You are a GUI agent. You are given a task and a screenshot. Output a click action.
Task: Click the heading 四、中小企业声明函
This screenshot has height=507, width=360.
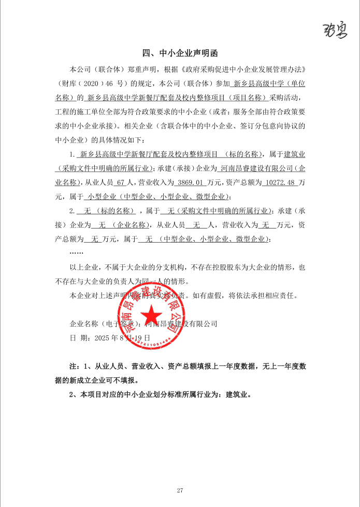pyautogui.click(x=180, y=53)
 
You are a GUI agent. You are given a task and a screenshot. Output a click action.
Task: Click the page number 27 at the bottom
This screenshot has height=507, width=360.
pyautogui.click(x=180, y=490)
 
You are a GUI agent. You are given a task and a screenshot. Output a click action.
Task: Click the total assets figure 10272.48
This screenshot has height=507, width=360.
pyautogui.click(x=279, y=183)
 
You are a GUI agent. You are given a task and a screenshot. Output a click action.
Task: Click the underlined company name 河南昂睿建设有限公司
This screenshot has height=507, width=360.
pyautogui.click(x=252, y=169)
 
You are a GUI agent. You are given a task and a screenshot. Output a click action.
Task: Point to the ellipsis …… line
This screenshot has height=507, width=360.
pyautogui.click(x=76, y=253)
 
